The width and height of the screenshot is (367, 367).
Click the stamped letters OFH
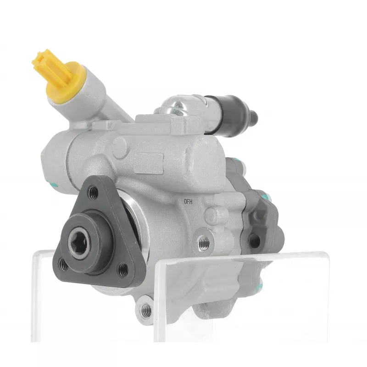pos(188,201)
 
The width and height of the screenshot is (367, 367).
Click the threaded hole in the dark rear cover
pos(254,240)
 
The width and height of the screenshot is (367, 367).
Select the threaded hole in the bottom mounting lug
pos(146,308)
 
